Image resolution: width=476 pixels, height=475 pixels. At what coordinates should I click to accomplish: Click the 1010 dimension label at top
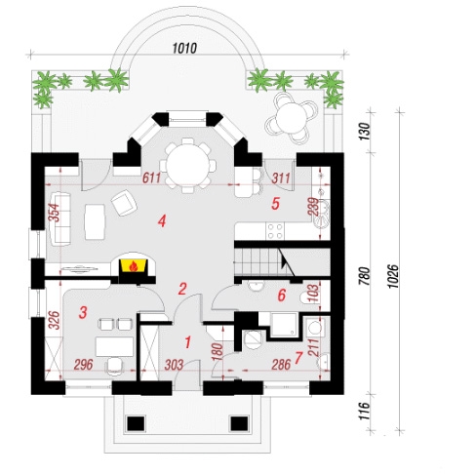pyautogui.click(x=184, y=48)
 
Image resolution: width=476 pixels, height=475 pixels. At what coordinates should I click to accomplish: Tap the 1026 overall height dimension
pyautogui.click(x=393, y=276)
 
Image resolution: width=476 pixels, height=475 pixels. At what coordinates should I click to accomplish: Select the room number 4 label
pyautogui.click(x=162, y=221)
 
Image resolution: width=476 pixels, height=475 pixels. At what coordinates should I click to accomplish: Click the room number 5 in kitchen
pyautogui.click(x=275, y=204)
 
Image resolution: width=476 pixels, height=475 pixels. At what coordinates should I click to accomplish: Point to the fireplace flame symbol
pyautogui.click(x=133, y=267)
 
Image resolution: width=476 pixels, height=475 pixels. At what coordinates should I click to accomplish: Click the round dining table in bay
pyautogui.click(x=187, y=166)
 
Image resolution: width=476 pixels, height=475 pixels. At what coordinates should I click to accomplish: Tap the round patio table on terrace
pyautogui.click(x=292, y=117)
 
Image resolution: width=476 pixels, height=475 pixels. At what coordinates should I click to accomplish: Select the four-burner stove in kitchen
pyautogui.click(x=275, y=231)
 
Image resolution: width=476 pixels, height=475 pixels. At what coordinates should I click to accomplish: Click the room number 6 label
pyautogui.click(x=282, y=296)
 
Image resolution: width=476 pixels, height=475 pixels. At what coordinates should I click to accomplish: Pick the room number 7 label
pyautogui.click(x=297, y=358)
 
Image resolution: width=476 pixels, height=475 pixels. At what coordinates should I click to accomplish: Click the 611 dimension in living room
pyautogui.click(x=151, y=178)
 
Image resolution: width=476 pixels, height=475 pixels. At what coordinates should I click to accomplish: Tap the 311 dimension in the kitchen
pyautogui.click(x=281, y=178)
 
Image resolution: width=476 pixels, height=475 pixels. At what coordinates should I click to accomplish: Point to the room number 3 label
pyautogui.click(x=83, y=313)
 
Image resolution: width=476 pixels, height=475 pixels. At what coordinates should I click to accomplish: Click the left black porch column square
pyautogui.click(x=136, y=423)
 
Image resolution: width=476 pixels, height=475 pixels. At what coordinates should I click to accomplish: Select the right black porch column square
pyautogui.click(x=239, y=423)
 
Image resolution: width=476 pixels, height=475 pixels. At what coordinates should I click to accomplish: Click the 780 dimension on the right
pyautogui.click(x=365, y=276)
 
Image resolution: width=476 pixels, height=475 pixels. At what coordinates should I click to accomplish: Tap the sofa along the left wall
pyautogui.click(x=60, y=218)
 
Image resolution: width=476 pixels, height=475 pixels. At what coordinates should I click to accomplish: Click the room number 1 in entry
pyautogui.click(x=187, y=342)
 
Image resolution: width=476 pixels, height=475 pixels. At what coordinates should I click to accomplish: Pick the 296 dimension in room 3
pyautogui.click(x=83, y=365)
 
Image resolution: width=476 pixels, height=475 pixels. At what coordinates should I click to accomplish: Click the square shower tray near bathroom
pyautogui.click(x=285, y=324)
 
